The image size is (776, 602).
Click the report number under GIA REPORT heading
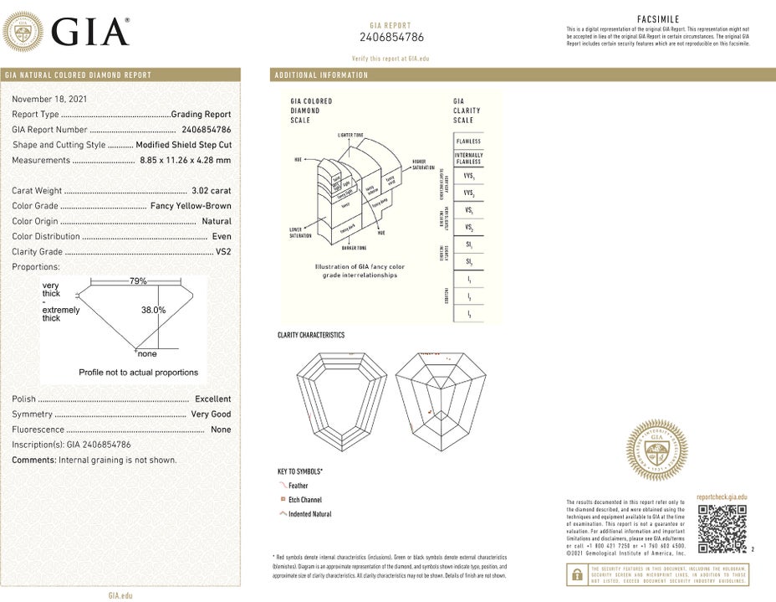pos(391,37)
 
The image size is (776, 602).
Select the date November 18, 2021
pos(50,99)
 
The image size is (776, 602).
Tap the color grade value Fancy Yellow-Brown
pos(191,206)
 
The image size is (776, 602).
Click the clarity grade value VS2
pos(223,251)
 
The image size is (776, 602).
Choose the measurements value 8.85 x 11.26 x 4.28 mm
pos(185,160)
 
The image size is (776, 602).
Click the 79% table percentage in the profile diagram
pos(138,281)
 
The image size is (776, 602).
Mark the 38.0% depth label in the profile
pos(153,310)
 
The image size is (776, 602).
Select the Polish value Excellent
pos(212,399)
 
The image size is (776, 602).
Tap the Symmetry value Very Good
pos(211,414)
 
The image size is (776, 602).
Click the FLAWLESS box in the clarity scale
pos(468,141)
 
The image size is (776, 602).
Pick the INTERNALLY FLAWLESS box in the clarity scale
pos(468,158)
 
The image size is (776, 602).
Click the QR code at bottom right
pos(721,529)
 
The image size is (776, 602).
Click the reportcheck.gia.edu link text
pos(721,497)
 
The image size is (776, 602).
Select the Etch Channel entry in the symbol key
pos(304,500)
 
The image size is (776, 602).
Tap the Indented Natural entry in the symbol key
pos(309,514)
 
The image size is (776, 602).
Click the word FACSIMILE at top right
pos(657,18)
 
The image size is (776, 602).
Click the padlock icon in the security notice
pos(577,574)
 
